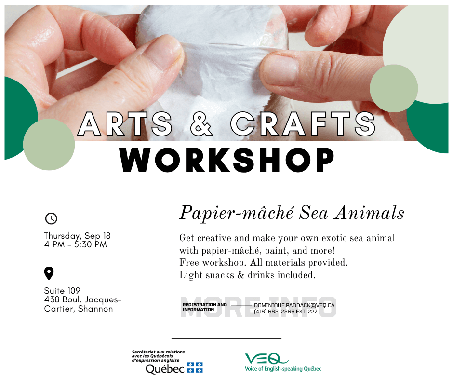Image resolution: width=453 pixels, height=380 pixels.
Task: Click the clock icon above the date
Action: coord(51,218)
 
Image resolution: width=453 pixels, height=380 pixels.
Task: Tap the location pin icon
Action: coord(49,273)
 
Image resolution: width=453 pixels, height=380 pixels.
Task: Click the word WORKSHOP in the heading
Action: coord(227,160)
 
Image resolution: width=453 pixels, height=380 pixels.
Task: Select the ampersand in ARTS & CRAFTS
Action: coord(201,124)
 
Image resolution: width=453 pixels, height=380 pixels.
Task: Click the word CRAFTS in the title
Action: coord(303,124)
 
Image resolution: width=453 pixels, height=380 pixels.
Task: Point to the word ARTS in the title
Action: coord(125,124)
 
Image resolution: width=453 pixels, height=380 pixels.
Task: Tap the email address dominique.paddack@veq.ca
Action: coord(294,305)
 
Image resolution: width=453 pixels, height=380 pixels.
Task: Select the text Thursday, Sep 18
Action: coord(78,236)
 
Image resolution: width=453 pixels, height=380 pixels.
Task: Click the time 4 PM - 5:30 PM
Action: coord(76,244)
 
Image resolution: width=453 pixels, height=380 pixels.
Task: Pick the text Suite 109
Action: coord(62,291)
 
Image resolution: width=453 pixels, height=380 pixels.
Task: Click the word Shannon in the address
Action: coord(95,309)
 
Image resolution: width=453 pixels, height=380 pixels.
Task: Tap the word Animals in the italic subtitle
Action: coord(369,213)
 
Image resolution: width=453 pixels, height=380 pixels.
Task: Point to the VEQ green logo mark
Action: coord(266,359)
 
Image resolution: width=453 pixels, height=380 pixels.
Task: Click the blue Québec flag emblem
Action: coord(195,367)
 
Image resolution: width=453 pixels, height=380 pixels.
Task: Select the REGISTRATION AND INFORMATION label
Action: coord(204,307)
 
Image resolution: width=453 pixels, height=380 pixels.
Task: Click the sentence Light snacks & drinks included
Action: coord(247,275)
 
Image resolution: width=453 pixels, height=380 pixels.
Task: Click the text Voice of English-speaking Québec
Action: coord(283,369)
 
